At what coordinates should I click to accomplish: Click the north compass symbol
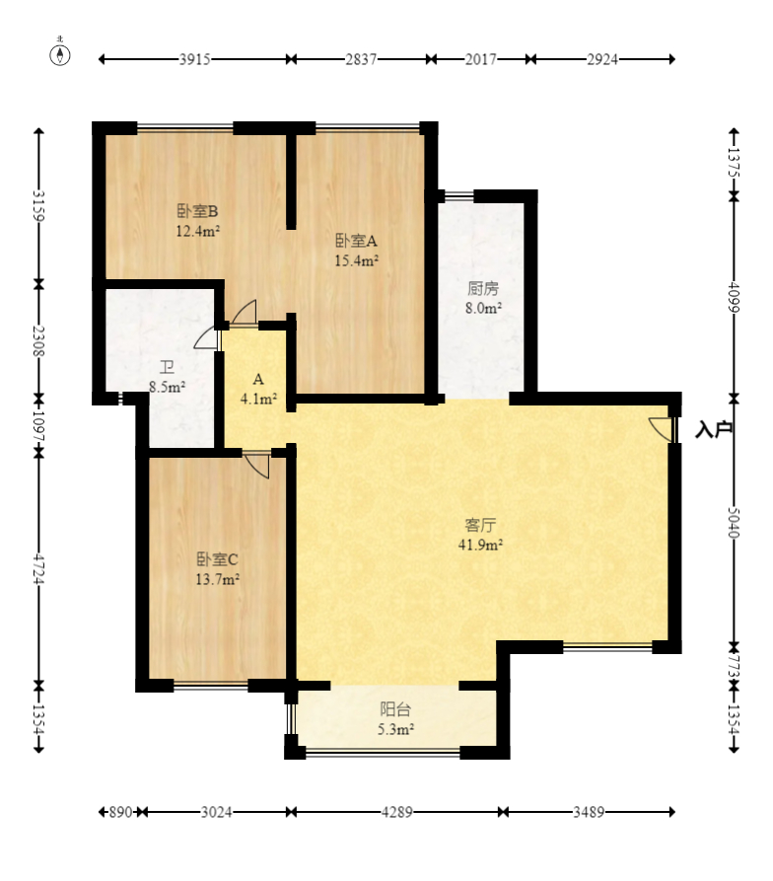tap(60, 54)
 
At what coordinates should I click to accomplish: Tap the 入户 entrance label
tap(714, 429)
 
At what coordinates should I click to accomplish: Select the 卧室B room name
tap(197, 211)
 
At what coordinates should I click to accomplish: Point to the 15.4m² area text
tap(357, 260)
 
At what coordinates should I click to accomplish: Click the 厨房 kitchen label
tap(483, 288)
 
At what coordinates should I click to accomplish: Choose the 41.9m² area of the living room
tap(480, 544)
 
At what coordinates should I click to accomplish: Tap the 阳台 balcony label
tap(395, 709)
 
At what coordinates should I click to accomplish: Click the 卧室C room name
tap(217, 559)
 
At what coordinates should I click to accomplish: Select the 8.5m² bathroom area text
tap(168, 387)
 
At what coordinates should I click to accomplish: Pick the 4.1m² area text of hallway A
tap(258, 399)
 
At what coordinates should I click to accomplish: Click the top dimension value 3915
tap(195, 59)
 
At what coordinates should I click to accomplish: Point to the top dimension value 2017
tap(480, 59)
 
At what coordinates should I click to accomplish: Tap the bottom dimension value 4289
tap(397, 812)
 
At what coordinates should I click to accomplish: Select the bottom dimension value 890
tap(120, 812)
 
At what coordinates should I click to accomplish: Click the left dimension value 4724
tap(38, 568)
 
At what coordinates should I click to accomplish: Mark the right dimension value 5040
tap(734, 523)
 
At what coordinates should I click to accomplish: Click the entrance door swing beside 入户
tap(661, 428)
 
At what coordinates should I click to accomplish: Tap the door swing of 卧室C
tap(257, 466)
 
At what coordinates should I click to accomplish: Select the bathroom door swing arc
tap(205, 338)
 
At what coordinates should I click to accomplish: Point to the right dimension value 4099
tap(734, 297)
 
